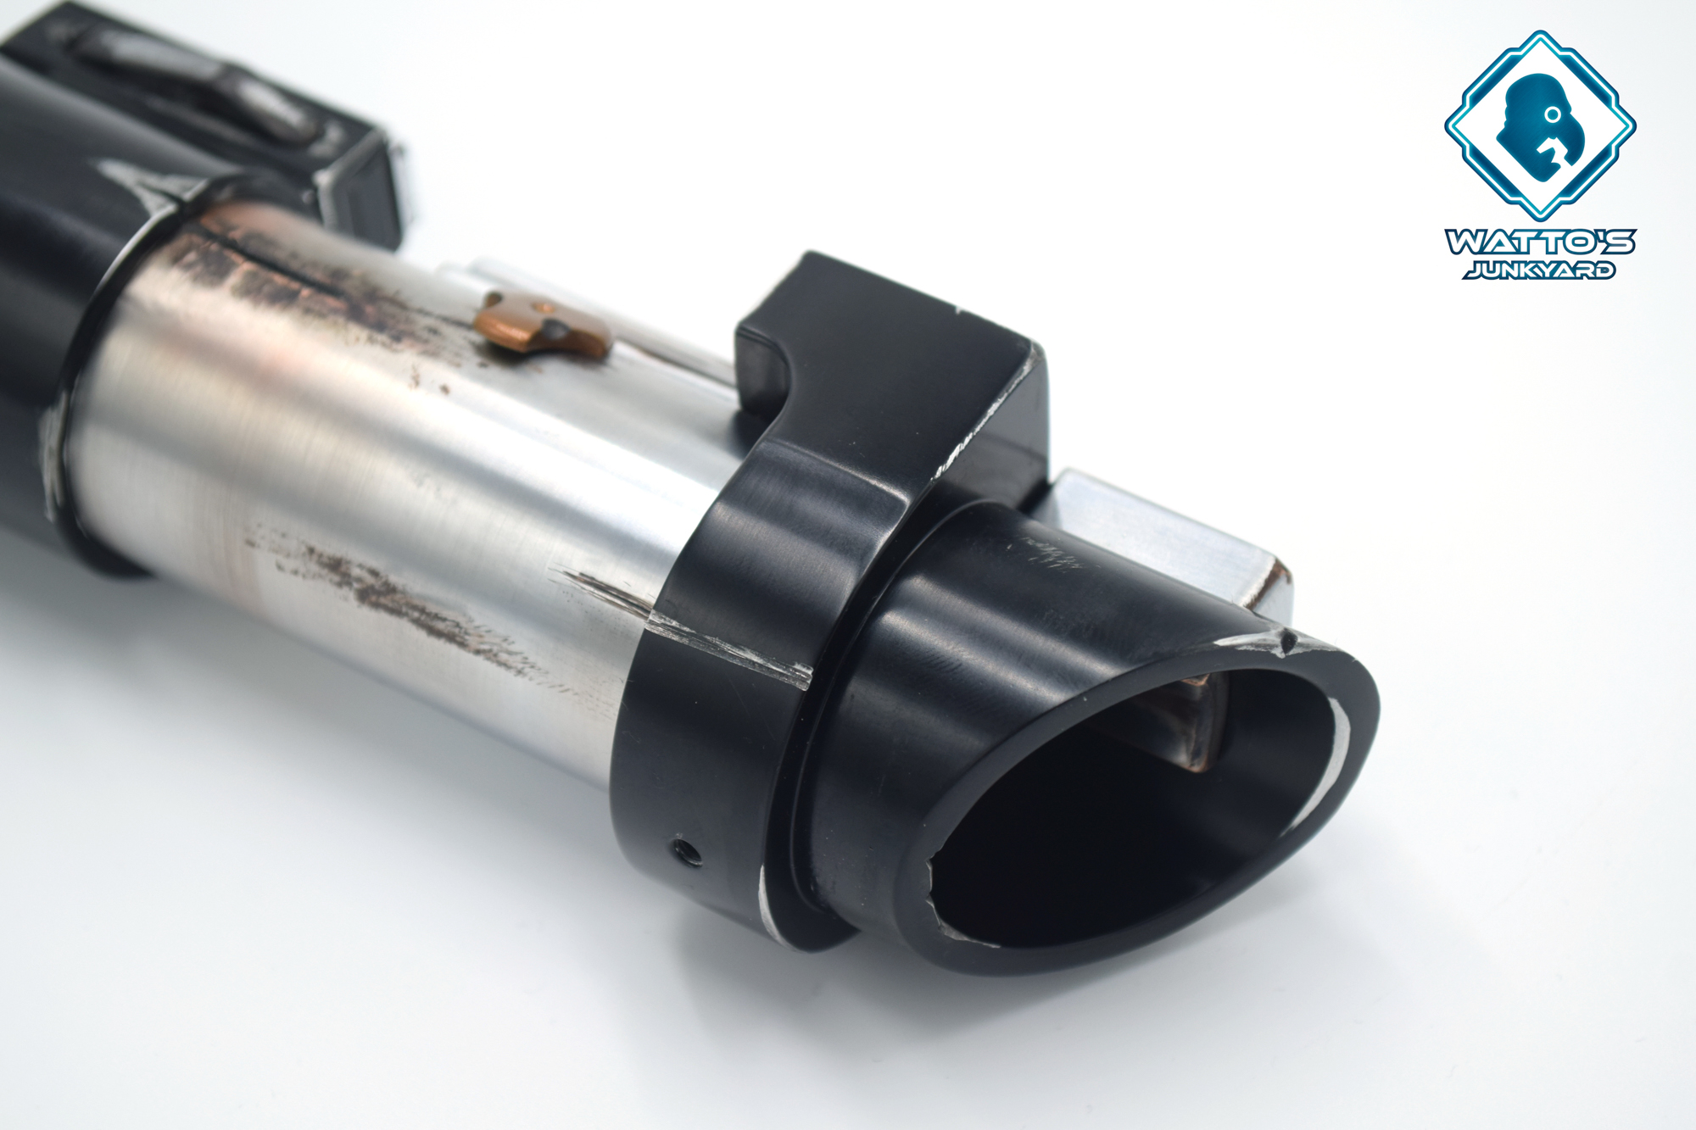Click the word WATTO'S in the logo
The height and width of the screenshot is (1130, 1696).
point(1540,242)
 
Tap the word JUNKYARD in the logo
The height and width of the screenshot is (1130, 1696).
point(1539,270)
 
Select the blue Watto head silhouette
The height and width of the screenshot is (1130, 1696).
point(1538,126)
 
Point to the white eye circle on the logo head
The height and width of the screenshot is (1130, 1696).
point(1552,113)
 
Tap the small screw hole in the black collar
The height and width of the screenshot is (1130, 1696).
point(686,850)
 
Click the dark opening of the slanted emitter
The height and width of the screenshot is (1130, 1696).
point(1128,814)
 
